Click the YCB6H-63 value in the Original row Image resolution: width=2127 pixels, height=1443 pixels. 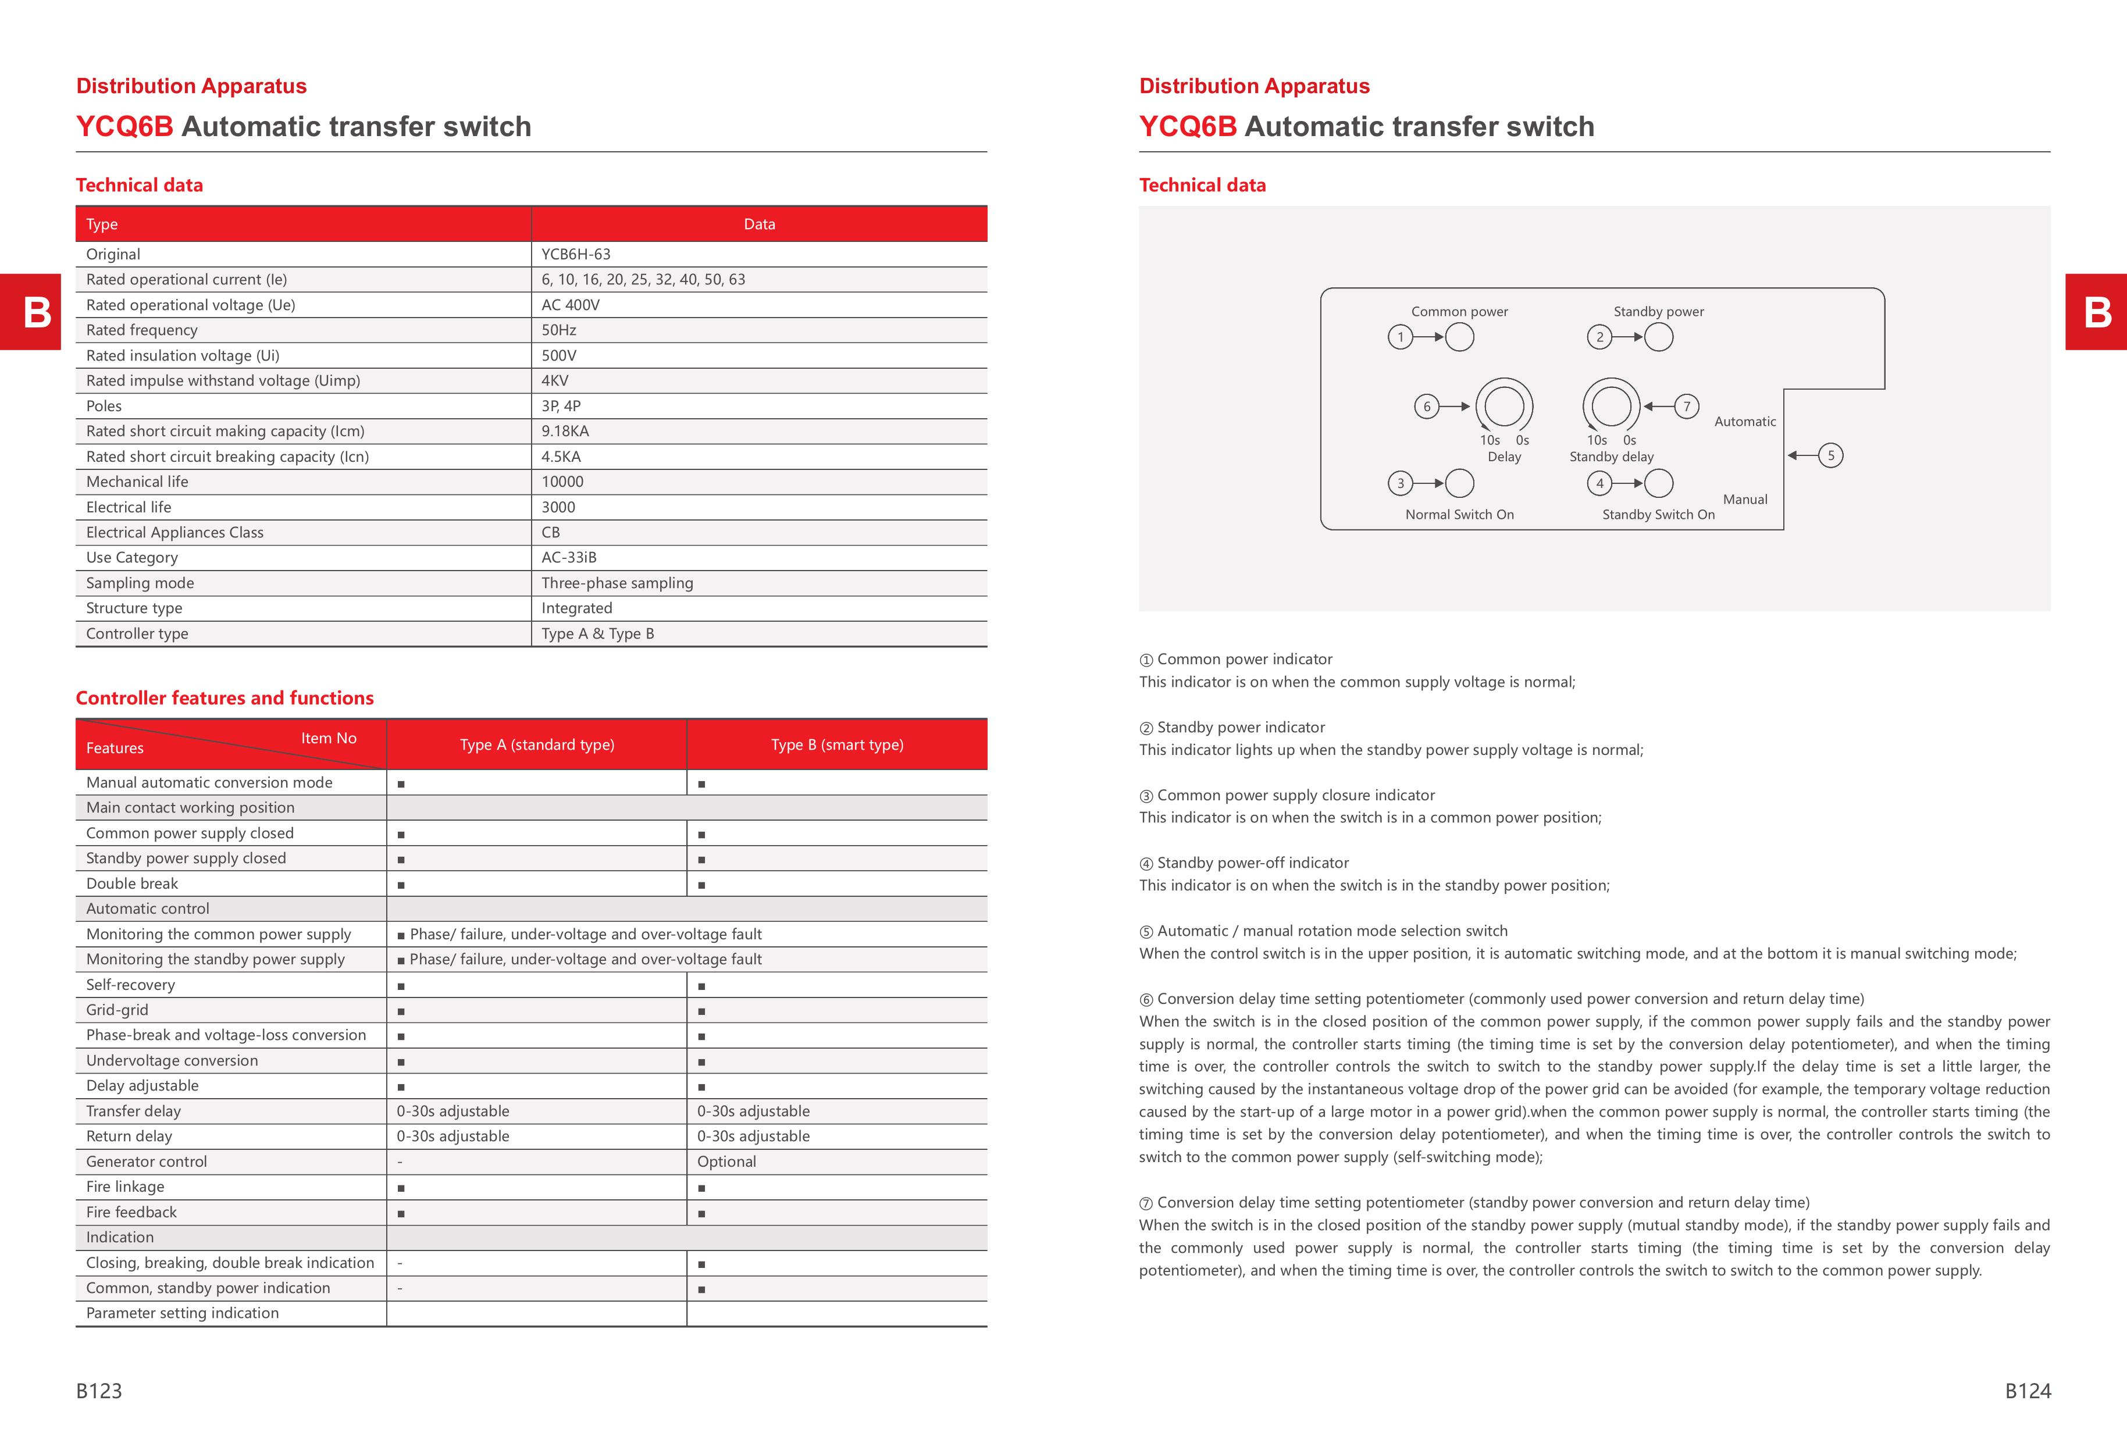[576, 254]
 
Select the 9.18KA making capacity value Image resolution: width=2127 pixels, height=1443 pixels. [565, 431]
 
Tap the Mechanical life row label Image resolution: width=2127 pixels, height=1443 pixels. [137, 482]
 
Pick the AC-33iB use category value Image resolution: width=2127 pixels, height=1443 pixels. [568, 557]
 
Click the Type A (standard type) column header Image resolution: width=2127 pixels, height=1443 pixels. [537, 745]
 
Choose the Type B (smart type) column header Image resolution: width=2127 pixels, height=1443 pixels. [836, 745]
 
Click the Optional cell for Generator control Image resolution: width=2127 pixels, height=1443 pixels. [726, 1161]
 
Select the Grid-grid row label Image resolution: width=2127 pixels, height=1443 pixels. [117, 1009]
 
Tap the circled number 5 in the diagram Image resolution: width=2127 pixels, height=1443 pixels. [1830, 455]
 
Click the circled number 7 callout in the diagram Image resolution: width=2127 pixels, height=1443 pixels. [1687, 407]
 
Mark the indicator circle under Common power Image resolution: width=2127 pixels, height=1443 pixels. [1460, 338]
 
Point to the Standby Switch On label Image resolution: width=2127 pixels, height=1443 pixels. [1658, 514]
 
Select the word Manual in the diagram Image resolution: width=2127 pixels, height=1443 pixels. [1744, 500]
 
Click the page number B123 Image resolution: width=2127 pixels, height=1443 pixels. [99, 1391]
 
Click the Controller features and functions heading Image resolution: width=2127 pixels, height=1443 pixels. [225, 698]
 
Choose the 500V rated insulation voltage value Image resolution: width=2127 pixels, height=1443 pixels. [558, 355]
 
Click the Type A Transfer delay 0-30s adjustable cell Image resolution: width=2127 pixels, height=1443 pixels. [453, 1111]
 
